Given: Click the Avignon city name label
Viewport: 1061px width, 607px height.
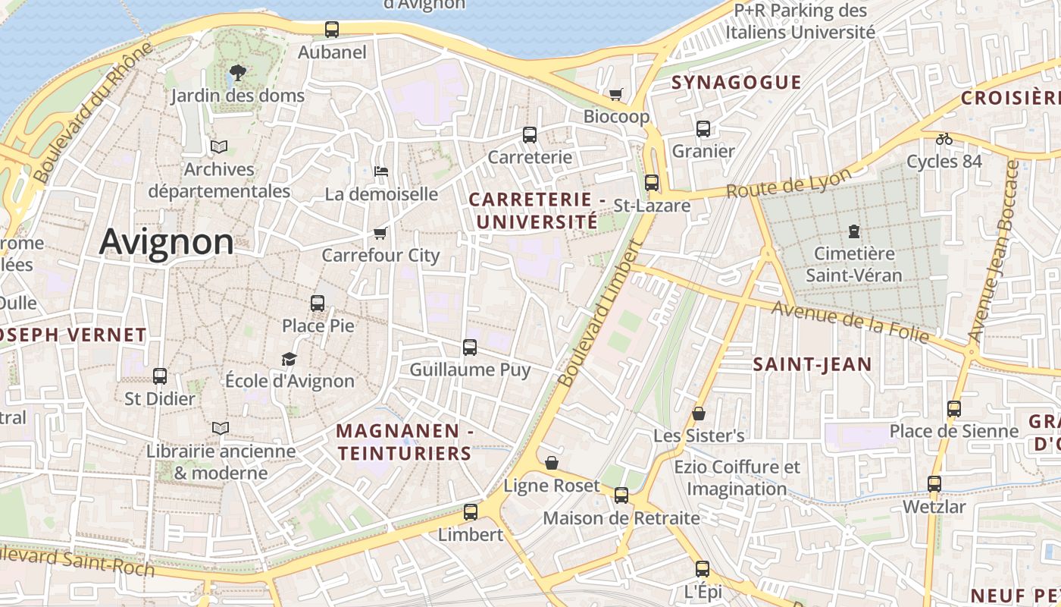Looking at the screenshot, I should pos(166,242).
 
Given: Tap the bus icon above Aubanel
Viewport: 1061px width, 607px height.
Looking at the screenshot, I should pos(332,30).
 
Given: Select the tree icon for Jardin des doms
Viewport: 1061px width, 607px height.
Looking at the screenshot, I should pos(237,73).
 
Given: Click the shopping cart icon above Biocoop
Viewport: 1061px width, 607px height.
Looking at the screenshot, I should pos(616,94).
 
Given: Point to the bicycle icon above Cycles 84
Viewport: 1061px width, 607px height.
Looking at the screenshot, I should pos(944,139).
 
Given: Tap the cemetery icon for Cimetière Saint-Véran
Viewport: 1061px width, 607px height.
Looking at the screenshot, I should pos(854,231).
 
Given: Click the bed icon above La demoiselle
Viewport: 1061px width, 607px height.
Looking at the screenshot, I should pos(381,171).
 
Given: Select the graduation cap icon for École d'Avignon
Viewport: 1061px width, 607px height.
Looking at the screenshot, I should pos(289,358).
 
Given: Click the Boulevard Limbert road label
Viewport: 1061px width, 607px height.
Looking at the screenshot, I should pos(599,314).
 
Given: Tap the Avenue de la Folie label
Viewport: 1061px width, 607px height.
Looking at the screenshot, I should pos(850,322).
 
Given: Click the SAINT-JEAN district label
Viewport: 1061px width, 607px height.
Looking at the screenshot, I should pos(812,364).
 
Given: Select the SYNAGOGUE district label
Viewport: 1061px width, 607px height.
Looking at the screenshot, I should pos(736,82).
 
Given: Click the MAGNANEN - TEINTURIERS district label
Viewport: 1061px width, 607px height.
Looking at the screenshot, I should pos(404,442).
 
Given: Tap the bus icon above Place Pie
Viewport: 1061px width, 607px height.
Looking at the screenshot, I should pos(318,303).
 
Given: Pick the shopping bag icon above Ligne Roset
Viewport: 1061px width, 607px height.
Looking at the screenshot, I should pos(552,463).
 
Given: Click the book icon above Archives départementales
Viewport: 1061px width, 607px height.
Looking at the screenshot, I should pos(219,146).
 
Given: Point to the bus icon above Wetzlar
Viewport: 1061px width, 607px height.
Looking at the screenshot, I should pos(934,483).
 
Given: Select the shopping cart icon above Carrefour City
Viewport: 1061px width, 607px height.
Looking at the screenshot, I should pos(380,233).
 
